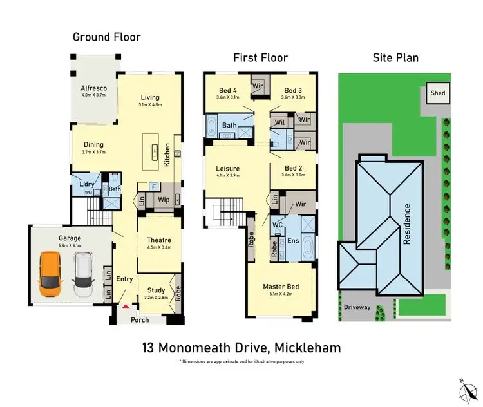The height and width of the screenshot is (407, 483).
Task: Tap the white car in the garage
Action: [83, 274]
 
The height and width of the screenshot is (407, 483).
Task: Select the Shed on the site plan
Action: [438, 93]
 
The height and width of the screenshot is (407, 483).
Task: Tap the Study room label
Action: [156, 290]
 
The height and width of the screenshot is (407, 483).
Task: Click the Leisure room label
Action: [227, 169]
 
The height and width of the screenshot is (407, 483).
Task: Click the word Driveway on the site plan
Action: [357, 307]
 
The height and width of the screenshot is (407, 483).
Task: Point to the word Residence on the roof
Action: [407, 223]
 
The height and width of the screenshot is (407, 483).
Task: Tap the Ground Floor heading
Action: [106, 37]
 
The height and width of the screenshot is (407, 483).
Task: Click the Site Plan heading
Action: [395, 57]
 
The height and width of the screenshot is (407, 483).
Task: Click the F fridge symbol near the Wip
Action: [153, 187]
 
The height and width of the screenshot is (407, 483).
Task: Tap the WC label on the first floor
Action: [278, 224]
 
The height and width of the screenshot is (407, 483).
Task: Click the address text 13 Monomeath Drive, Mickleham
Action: [241, 348]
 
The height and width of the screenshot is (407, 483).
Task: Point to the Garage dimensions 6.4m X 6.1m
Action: [61, 245]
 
